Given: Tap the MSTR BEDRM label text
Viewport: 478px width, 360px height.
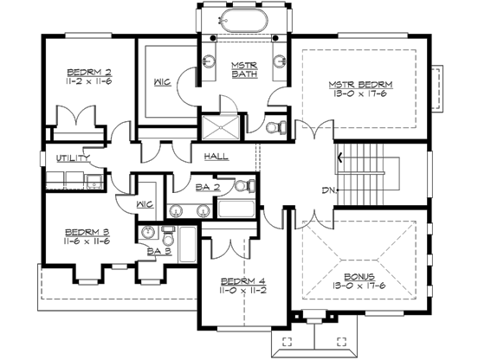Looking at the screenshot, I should point(361,84).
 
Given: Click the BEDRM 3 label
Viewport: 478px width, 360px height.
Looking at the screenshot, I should point(87,232).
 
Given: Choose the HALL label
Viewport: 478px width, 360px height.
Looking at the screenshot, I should point(216,157).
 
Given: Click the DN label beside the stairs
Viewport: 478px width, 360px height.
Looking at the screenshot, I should point(326,190).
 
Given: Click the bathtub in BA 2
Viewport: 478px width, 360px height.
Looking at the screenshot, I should point(235,208).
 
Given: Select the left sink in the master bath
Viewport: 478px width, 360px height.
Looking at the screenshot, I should point(209,60).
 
